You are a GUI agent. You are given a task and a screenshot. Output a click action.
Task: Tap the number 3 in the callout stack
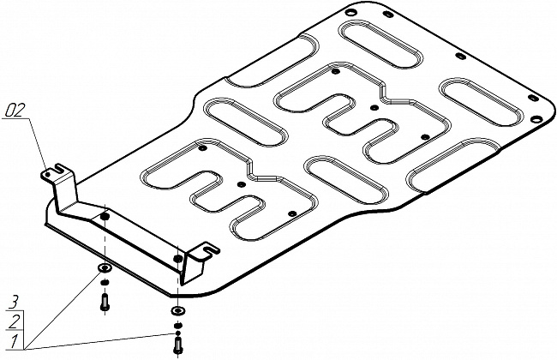13,303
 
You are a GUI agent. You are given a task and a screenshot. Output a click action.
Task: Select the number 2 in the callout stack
14,322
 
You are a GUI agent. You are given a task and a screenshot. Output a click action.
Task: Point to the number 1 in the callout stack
14,341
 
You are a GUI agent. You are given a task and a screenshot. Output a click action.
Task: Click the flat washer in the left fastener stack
105,267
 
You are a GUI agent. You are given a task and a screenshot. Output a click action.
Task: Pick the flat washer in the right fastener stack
177,311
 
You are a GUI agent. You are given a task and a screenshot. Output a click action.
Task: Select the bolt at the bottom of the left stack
105,302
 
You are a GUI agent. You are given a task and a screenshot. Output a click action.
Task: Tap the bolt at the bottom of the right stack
177,345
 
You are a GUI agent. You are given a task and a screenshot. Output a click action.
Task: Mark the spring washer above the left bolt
105,283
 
